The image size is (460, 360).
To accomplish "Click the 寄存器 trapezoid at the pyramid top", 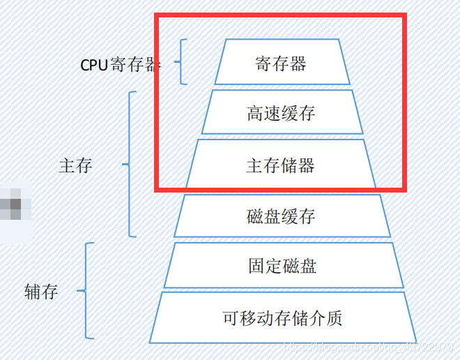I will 281,64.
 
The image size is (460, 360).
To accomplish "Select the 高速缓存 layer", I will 281,113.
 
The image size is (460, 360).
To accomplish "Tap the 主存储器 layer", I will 281,165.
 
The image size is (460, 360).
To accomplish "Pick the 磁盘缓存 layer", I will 281,216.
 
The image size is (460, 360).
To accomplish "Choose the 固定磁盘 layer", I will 282,266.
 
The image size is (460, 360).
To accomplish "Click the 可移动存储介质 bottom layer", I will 282,318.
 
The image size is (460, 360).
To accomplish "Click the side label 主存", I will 76,165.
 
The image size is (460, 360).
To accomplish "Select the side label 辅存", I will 41,292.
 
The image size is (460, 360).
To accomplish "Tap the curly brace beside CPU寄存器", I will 181,62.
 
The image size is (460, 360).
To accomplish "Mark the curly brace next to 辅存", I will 86,291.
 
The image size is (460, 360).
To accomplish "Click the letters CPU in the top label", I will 94,65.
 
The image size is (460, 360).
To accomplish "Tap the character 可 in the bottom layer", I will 231,318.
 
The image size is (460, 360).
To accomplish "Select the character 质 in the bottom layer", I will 334,318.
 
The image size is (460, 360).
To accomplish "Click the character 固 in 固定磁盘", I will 256,266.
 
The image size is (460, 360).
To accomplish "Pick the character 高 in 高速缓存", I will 255,113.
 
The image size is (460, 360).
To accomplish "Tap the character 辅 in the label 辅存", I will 32,292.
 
